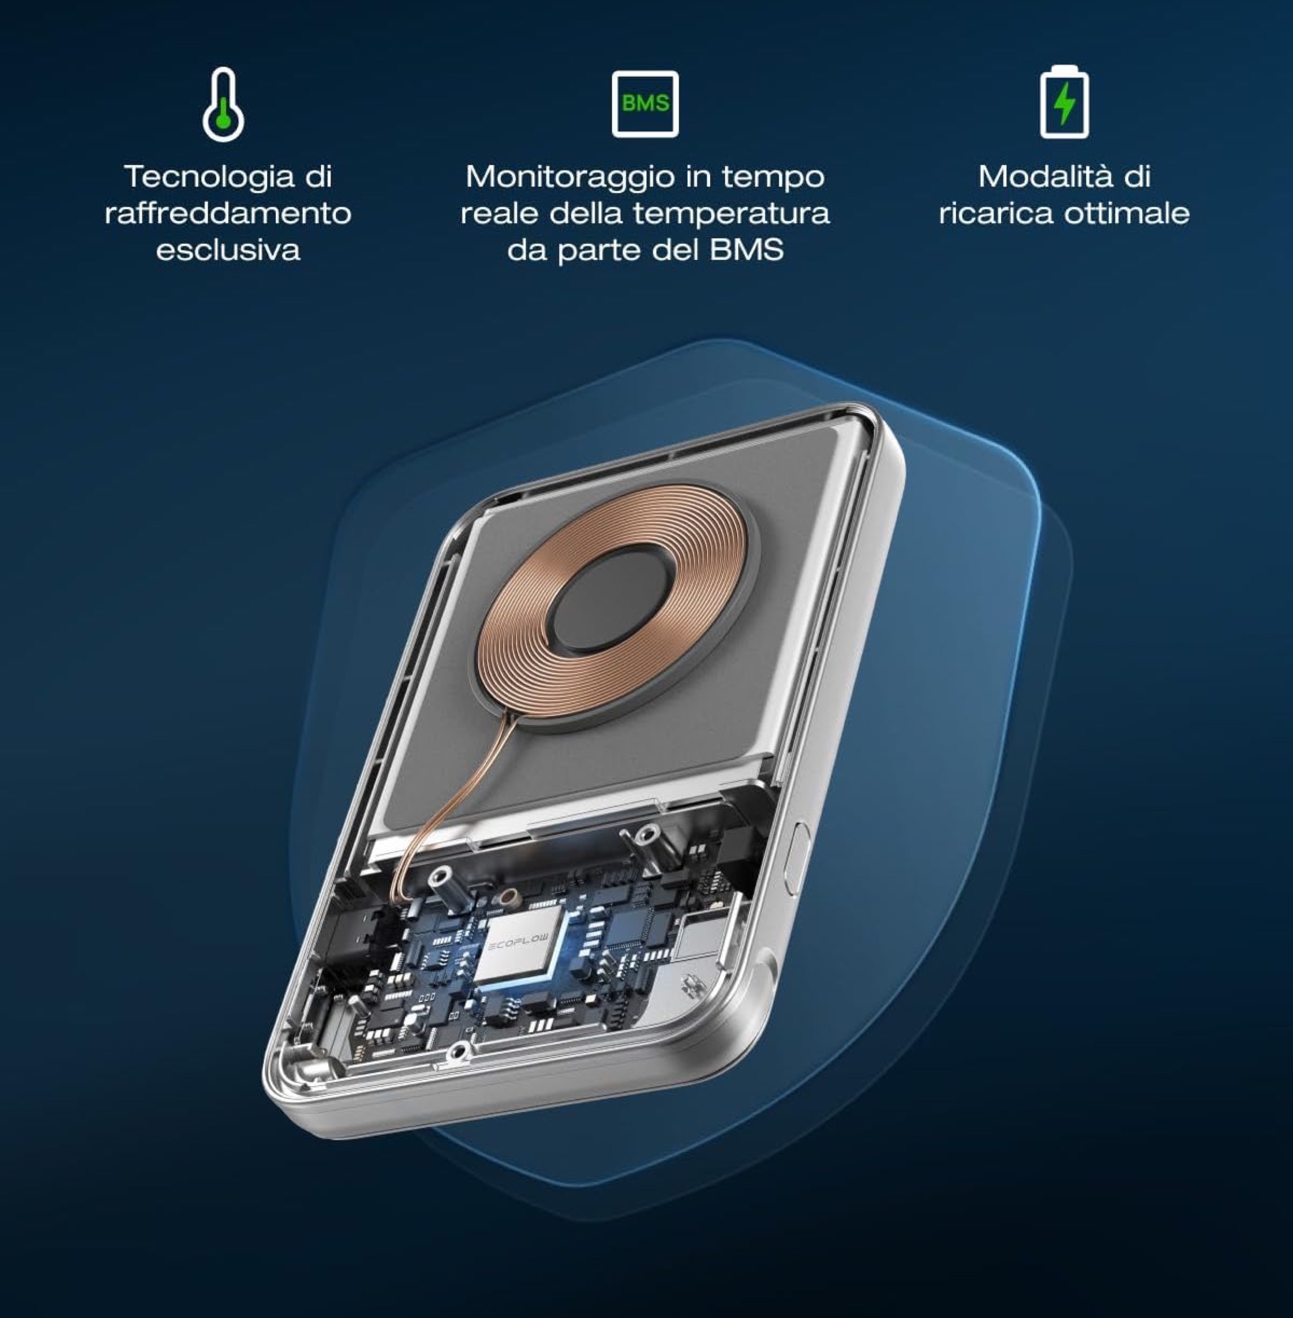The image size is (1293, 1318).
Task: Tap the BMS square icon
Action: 645,104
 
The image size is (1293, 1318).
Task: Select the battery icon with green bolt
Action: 1064,102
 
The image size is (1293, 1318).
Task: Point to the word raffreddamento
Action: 228,213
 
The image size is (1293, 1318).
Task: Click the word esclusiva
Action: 228,250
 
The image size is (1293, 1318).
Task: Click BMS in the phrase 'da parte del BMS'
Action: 747,250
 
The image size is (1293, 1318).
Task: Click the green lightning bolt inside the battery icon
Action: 1065,103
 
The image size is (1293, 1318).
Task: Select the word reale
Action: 501,213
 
